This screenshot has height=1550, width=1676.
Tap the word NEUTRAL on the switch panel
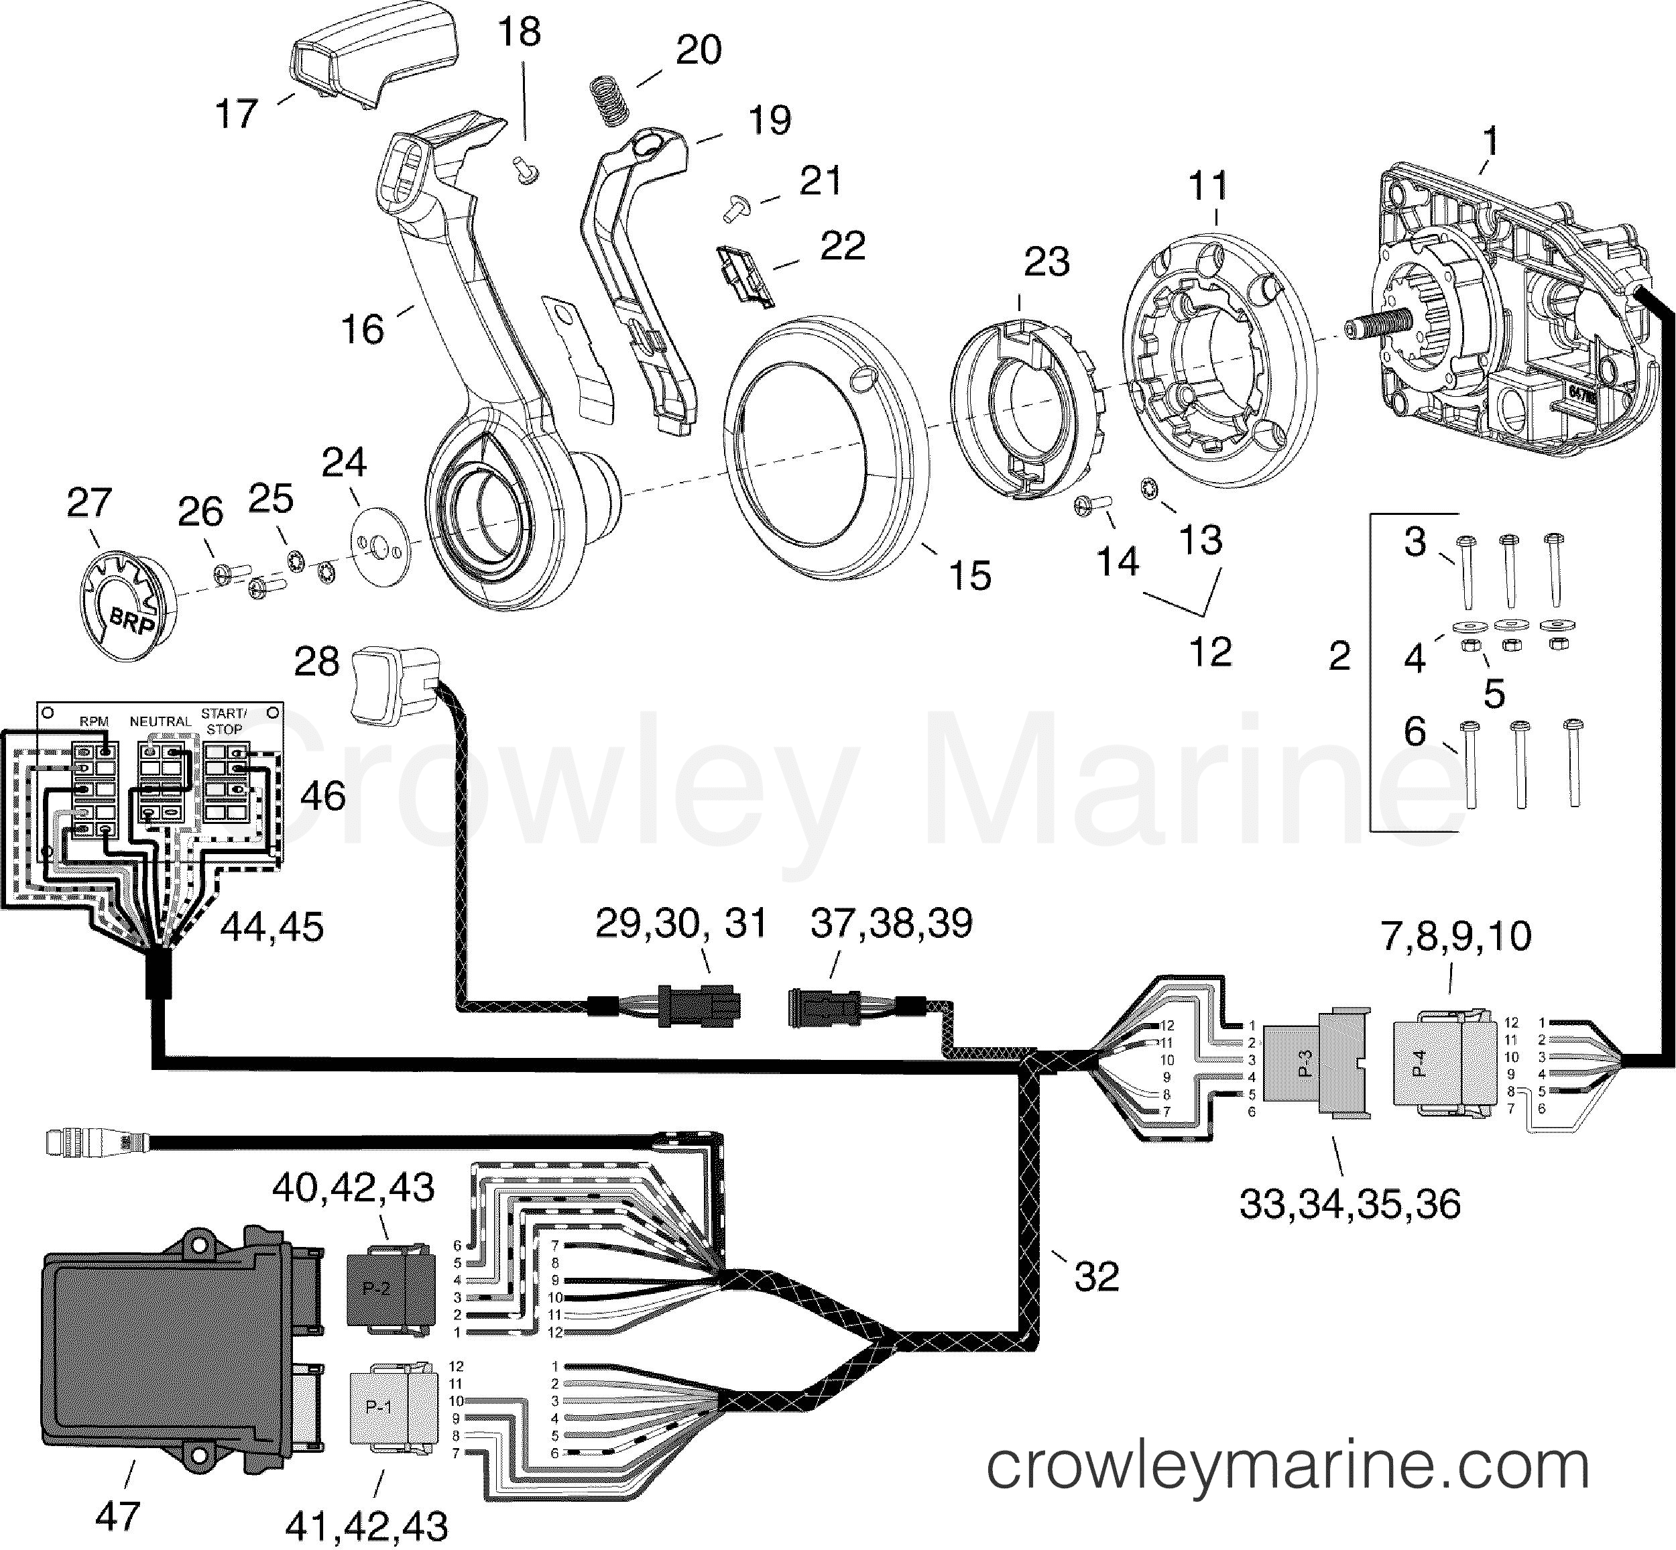[x=160, y=721]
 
